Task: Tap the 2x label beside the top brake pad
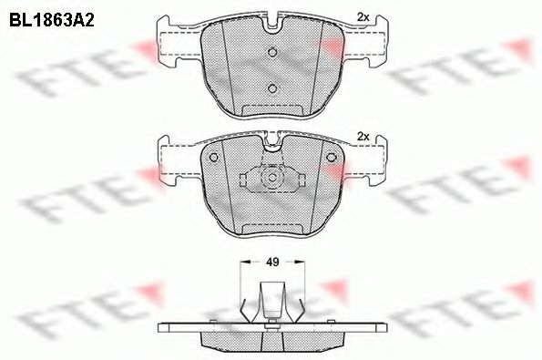362,16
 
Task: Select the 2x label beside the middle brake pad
362,136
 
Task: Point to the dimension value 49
271,262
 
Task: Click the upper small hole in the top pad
271,51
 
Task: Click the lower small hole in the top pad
271,87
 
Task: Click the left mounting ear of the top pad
177,47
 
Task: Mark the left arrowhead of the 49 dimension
241,262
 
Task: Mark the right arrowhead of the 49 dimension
302,262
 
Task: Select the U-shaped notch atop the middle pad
271,143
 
